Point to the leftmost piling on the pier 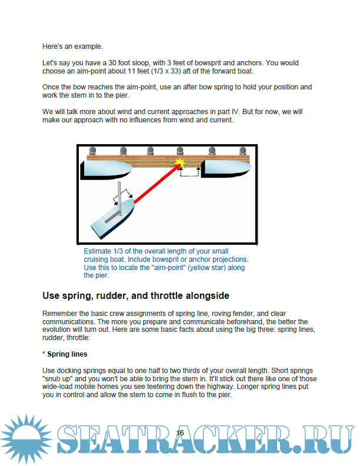(93, 152)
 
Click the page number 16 (180, 432)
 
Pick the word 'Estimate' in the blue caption (98, 251)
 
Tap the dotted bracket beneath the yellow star (189, 172)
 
